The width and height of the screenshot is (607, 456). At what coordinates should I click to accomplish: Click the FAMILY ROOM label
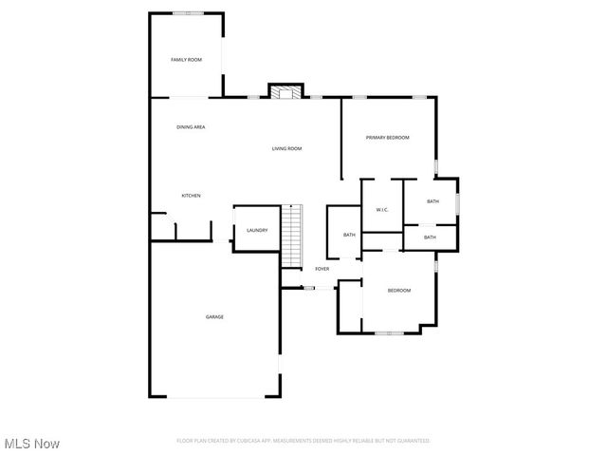(x=186, y=60)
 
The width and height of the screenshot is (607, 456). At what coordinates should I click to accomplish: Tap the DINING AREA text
(x=191, y=127)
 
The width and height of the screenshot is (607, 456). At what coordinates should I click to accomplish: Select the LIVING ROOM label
(x=286, y=148)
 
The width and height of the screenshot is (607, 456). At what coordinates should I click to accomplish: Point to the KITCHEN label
(x=191, y=196)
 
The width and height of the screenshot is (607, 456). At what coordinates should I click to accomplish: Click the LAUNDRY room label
(x=256, y=230)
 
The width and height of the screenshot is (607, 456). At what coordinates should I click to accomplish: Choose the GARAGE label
(x=215, y=316)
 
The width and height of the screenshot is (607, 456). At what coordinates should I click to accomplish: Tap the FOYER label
(x=322, y=269)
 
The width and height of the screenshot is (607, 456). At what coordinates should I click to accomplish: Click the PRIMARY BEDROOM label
(x=387, y=138)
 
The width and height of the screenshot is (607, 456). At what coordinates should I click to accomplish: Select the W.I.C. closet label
(x=381, y=209)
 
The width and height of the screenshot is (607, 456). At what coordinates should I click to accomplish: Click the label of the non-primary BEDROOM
(x=398, y=290)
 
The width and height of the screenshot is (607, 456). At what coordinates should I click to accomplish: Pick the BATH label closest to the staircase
(x=349, y=235)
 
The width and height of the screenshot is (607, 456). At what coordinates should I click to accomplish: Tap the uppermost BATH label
(x=432, y=201)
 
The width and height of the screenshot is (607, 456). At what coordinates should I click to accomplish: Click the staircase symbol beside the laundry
(x=292, y=237)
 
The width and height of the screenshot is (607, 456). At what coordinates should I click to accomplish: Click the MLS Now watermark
(x=32, y=444)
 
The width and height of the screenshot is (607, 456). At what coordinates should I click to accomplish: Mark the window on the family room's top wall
(x=186, y=12)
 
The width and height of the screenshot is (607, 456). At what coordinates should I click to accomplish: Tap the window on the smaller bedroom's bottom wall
(x=389, y=332)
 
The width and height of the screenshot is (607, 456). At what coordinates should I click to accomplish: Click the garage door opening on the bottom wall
(x=213, y=396)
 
